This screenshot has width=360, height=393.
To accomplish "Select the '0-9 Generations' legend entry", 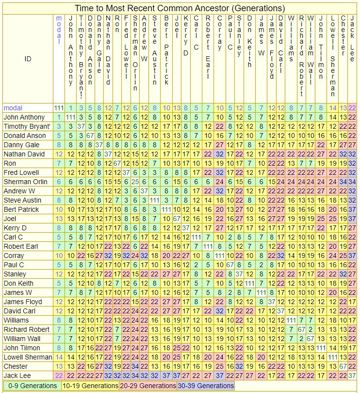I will pos(31,386).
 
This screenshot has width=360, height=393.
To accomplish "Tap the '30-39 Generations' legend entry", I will pos(205,386).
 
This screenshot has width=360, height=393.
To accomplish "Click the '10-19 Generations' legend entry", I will pos(90,386).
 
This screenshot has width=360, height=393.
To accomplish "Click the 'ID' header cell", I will pos(28,59).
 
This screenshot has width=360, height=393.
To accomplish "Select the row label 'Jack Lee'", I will pos(17,376).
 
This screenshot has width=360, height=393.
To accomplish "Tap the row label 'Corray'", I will pos(15,256).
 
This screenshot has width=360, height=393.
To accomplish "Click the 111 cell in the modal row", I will pos(59,108).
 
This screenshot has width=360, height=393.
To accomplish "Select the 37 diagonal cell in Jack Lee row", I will pos(352,376).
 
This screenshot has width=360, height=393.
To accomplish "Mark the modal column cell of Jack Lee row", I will pos(59,376).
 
